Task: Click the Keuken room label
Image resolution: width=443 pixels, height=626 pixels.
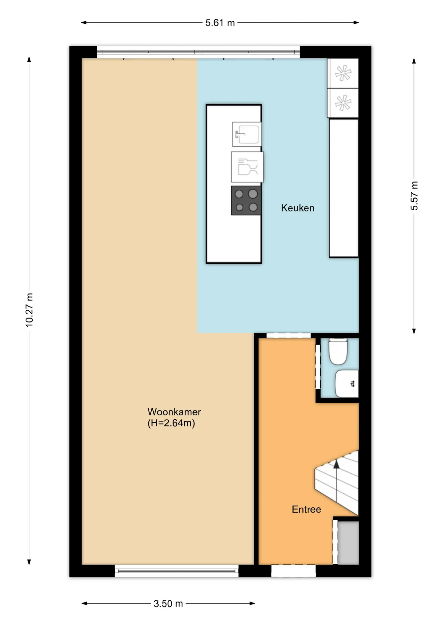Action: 298,208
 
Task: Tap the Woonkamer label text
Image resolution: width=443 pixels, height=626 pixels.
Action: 174,412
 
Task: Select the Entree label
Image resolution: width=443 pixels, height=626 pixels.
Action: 306,509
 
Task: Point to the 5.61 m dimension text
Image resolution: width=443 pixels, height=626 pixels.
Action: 220,23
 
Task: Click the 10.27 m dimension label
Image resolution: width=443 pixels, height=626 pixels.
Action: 29,310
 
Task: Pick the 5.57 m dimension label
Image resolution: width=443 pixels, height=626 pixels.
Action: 414,196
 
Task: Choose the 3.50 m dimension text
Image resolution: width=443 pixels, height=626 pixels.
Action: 168,604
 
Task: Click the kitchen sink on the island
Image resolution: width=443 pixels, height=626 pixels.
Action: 247,134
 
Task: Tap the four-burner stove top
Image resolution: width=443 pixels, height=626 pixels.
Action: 246,201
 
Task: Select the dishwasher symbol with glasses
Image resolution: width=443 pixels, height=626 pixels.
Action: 247,167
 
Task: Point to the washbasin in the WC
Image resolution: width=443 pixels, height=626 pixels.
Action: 347,383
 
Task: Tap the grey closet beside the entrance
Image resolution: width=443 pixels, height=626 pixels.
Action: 348,543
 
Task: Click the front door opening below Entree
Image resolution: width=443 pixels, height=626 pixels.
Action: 294,571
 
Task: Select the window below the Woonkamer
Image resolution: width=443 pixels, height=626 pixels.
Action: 177,571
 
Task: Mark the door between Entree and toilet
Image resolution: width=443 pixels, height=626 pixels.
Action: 318,367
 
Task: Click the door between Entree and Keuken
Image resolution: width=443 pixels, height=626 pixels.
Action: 288,335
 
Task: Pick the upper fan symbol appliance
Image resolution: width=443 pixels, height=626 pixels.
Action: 343,73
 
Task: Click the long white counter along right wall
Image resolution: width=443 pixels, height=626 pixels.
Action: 344,188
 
